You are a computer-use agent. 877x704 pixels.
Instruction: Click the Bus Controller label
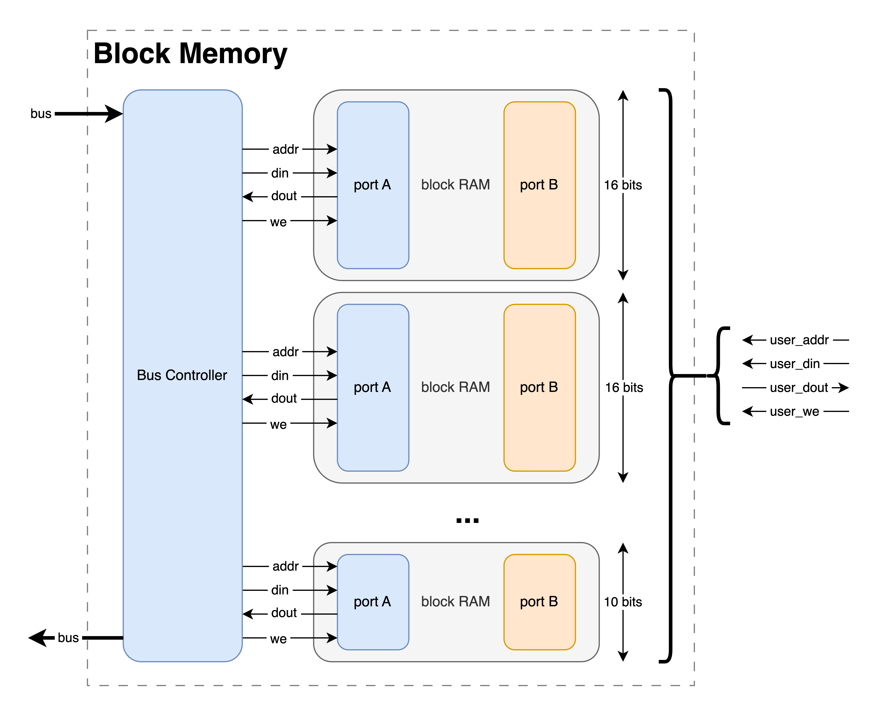tap(182, 375)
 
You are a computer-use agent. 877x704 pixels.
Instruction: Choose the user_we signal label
tap(794, 412)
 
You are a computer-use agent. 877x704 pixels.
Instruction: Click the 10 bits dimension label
tap(623, 602)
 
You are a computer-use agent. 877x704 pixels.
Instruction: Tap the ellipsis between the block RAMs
tap(467, 520)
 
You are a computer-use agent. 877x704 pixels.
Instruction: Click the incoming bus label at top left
tap(41, 114)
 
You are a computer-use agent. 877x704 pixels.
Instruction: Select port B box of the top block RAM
tap(539, 185)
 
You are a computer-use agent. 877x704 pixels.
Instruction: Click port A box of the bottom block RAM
tap(373, 602)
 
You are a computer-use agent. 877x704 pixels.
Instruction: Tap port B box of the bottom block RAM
tap(539, 602)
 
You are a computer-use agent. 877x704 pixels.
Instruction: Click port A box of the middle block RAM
tap(373, 387)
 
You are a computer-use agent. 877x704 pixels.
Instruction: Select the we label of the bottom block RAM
tap(278, 639)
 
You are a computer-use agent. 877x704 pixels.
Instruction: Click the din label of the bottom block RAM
tap(280, 590)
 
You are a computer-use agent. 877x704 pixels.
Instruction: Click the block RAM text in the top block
tap(456, 185)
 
